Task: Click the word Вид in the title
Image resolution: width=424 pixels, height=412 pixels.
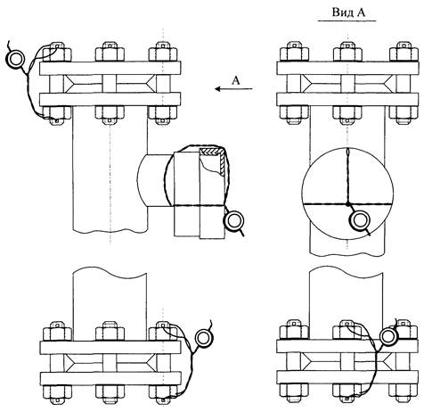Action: pyautogui.click(x=341, y=12)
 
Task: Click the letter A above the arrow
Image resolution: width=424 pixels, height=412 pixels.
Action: pyautogui.click(x=235, y=80)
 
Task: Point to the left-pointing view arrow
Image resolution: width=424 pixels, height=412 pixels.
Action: pyautogui.click(x=233, y=88)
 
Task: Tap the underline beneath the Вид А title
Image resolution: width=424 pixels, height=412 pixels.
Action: pyautogui.click(x=347, y=21)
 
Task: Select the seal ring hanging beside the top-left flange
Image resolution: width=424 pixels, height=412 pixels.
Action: pyautogui.click(x=14, y=59)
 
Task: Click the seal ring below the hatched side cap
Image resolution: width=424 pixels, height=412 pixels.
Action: pyautogui.click(x=234, y=220)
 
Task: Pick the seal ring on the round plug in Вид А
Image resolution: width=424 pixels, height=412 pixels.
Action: pyautogui.click(x=360, y=220)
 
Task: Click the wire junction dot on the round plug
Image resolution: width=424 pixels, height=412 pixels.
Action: pyautogui.click(x=347, y=204)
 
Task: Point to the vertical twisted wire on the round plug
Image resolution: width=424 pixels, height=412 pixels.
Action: pyautogui.click(x=347, y=176)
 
